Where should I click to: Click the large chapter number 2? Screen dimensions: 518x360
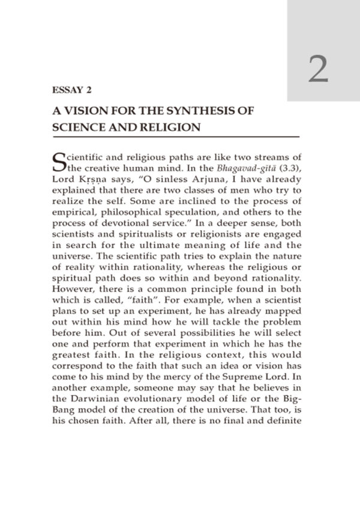click(x=319, y=70)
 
